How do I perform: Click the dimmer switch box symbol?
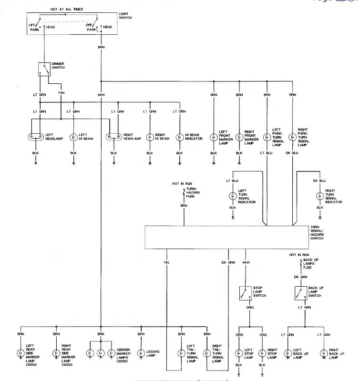(x=45, y=70)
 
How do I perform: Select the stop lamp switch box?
(x=245, y=292)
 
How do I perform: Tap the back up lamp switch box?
(x=300, y=292)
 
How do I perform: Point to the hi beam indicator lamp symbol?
(x=180, y=138)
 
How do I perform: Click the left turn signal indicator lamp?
(x=233, y=195)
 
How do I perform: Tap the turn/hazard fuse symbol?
(x=184, y=193)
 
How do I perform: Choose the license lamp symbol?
(x=141, y=353)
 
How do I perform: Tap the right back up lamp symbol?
(x=324, y=353)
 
